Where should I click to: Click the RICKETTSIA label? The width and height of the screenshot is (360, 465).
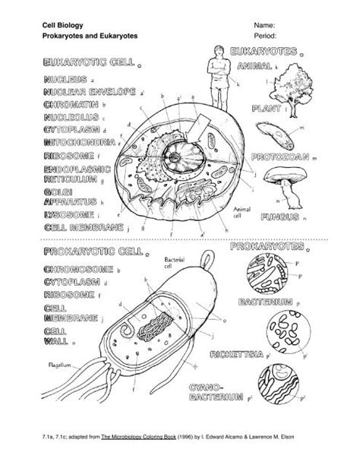click(x=235, y=354)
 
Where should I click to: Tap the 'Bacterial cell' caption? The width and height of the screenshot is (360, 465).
click(x=175, y=262)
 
